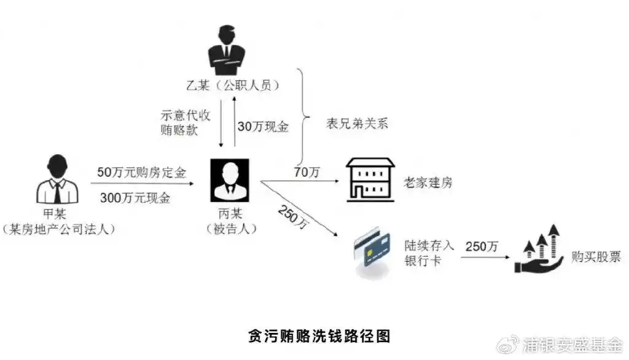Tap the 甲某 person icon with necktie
[x=57, y=181]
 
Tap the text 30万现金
[x=263, y=127]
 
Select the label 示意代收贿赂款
[x=178, y=122]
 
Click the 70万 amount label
[x=307, y=173]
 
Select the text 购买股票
[x=596, y=257]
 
